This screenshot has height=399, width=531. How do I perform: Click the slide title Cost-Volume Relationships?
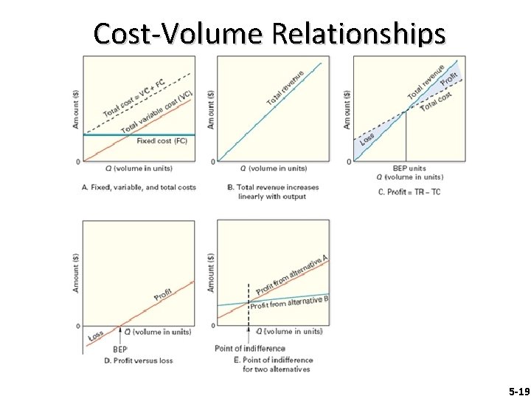click(x=269, y=33)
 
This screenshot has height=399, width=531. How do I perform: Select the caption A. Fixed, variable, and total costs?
click(x=139, y=187)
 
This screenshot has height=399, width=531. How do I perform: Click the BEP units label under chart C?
click(x=408, y=168)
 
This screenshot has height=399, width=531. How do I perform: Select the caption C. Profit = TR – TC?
click(x=409, y=193)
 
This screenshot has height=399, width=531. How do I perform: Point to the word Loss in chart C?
click(x=367, y=138)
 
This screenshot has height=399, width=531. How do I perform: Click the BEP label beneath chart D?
click(x=119, y=349)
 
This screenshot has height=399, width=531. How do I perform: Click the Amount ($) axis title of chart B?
click(x=212, y=109)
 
